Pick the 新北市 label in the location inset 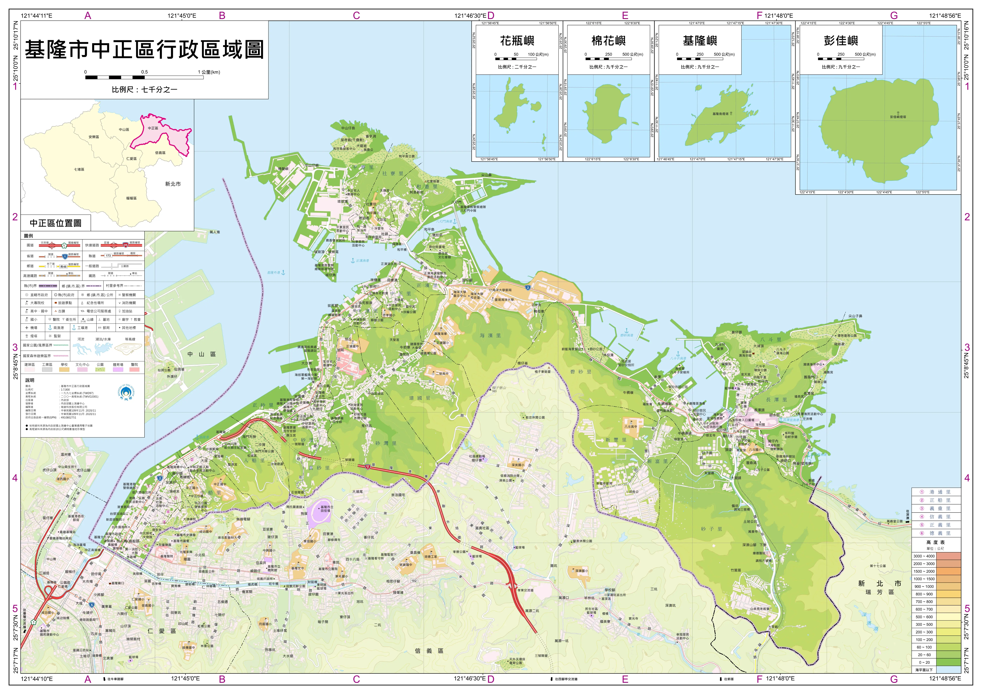(173, 184)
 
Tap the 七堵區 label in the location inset (79, 169)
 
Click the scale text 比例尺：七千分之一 (144, 90)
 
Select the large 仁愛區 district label (161, 631)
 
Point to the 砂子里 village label (711, 529)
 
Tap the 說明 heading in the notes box (30, 380)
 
